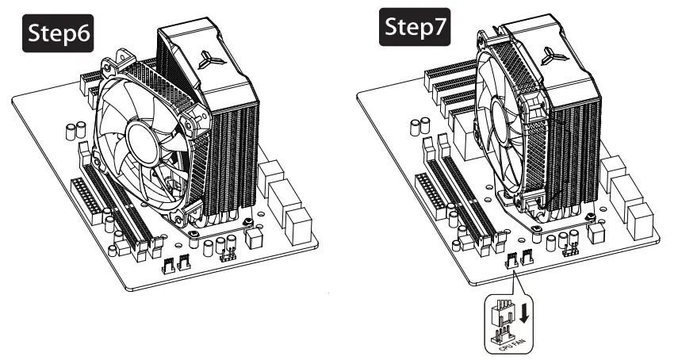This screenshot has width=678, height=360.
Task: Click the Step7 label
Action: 412,29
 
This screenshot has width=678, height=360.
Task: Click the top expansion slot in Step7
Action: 450,79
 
